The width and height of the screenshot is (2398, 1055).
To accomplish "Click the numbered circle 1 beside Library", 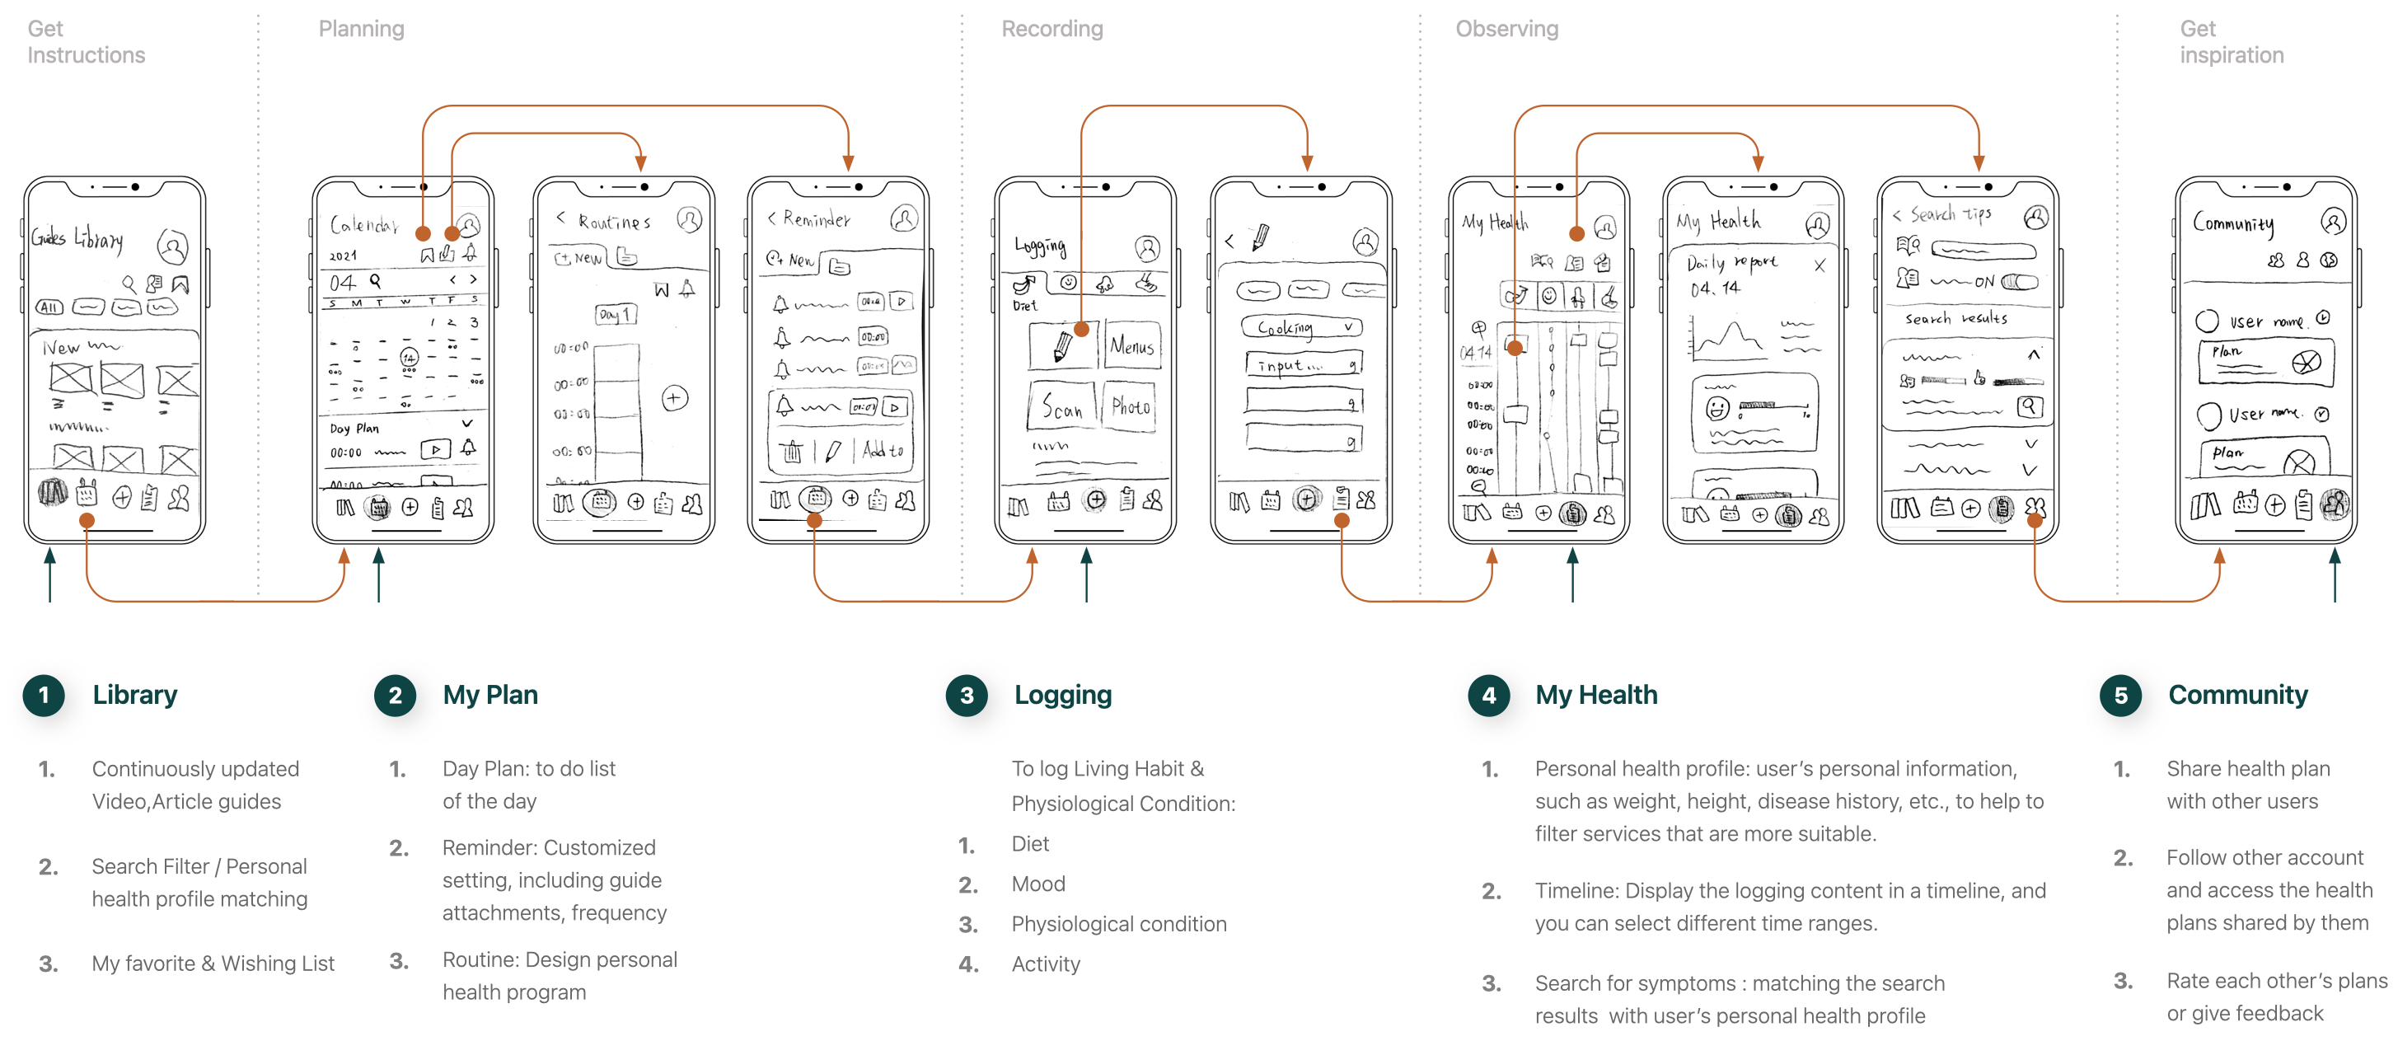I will point(44,695).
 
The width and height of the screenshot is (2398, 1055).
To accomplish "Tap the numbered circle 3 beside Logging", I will point(967,695).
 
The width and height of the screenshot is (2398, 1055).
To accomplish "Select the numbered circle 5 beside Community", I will point(2120,695).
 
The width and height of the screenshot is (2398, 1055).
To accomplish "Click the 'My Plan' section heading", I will point(489,695).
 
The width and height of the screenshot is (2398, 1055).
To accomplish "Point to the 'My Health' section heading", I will point(1595,695).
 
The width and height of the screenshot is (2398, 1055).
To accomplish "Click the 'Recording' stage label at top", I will point(1052,29).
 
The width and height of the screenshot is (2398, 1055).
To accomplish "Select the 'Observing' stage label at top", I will point(1506,29).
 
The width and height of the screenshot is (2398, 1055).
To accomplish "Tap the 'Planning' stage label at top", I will point(361,29).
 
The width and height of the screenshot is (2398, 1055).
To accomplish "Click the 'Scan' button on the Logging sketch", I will point(1062,407).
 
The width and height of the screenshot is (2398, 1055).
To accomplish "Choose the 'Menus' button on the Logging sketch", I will point(1132,346).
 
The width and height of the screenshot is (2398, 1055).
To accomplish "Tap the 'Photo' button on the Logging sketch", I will point(1130,407).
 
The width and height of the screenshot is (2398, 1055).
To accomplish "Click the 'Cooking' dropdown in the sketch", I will point(1301,328).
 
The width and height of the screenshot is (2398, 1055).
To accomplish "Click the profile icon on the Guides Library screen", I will point(172,246).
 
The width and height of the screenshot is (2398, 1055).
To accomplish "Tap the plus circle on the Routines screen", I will point(675,399).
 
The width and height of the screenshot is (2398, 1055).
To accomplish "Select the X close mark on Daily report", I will point(1820,265).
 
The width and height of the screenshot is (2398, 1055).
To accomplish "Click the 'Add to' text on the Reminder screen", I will point(883,451).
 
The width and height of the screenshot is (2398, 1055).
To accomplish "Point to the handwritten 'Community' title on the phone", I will point(2233,223).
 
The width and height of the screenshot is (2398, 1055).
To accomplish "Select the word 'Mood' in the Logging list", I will point(1038,884).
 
